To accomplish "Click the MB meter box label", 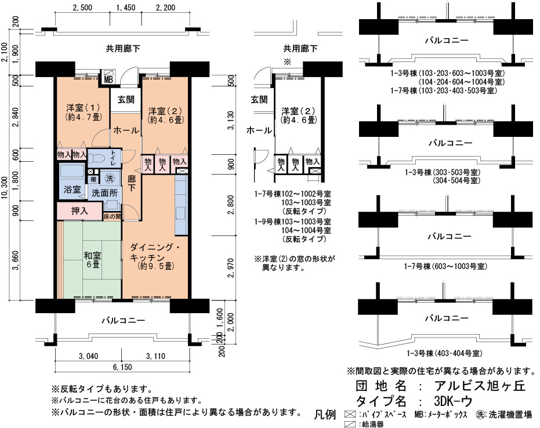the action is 108,80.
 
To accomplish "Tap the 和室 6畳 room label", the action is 93,260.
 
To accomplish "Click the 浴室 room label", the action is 72,189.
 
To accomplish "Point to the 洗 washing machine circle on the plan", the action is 110,178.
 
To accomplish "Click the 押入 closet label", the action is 79,211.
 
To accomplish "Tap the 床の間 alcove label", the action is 113,216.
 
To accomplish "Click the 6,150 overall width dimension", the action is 122,367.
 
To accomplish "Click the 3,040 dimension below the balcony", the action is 88,356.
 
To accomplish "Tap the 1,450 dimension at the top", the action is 125,8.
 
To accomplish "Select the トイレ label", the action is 113,158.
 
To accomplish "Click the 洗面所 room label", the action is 104,193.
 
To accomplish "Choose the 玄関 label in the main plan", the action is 126,100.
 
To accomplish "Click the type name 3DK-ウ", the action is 454,401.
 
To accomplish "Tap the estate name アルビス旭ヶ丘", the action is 480,386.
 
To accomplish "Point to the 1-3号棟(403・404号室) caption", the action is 444,353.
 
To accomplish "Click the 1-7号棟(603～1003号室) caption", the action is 445,266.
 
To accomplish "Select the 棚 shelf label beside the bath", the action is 93,179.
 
